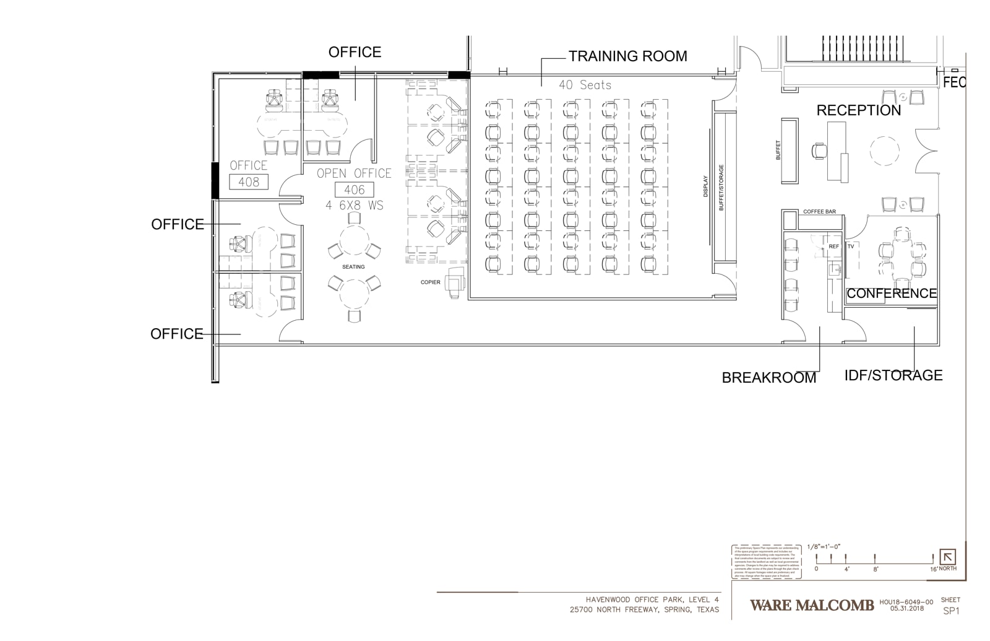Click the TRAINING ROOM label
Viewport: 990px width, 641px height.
(x=627, y=56)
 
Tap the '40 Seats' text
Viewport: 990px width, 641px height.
(x=585, y=85)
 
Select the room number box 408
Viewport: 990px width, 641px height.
(x=249, y=182)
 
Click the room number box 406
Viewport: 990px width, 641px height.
(x=354, y=190)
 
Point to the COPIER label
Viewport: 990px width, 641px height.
(x=431, y=282)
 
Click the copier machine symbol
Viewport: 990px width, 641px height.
(x=455, y=282)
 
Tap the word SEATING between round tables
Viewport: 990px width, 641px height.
(x=353, y=267)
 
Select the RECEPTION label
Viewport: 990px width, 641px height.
(x=858, y=111)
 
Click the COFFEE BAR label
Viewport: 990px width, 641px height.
(x=819, y=212)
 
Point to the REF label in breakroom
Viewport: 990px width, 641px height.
(x=833, y=246)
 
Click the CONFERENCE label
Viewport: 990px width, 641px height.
(x=891, y=294)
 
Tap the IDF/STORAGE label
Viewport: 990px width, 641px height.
(x=893, y=375)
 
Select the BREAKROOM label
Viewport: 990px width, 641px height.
(x=768, y=378)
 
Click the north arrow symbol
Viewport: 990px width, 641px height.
(x=947, y=557)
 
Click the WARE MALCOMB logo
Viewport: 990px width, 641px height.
(x=812, y=605)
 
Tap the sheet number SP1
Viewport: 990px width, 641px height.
(x=951, y=611)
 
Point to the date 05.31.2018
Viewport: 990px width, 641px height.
(x=906, y=608)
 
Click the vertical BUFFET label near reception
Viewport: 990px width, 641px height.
(x=778, y=150)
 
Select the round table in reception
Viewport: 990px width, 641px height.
(x=884, y=150)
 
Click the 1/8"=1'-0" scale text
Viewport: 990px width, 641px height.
(x=824, y=547)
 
